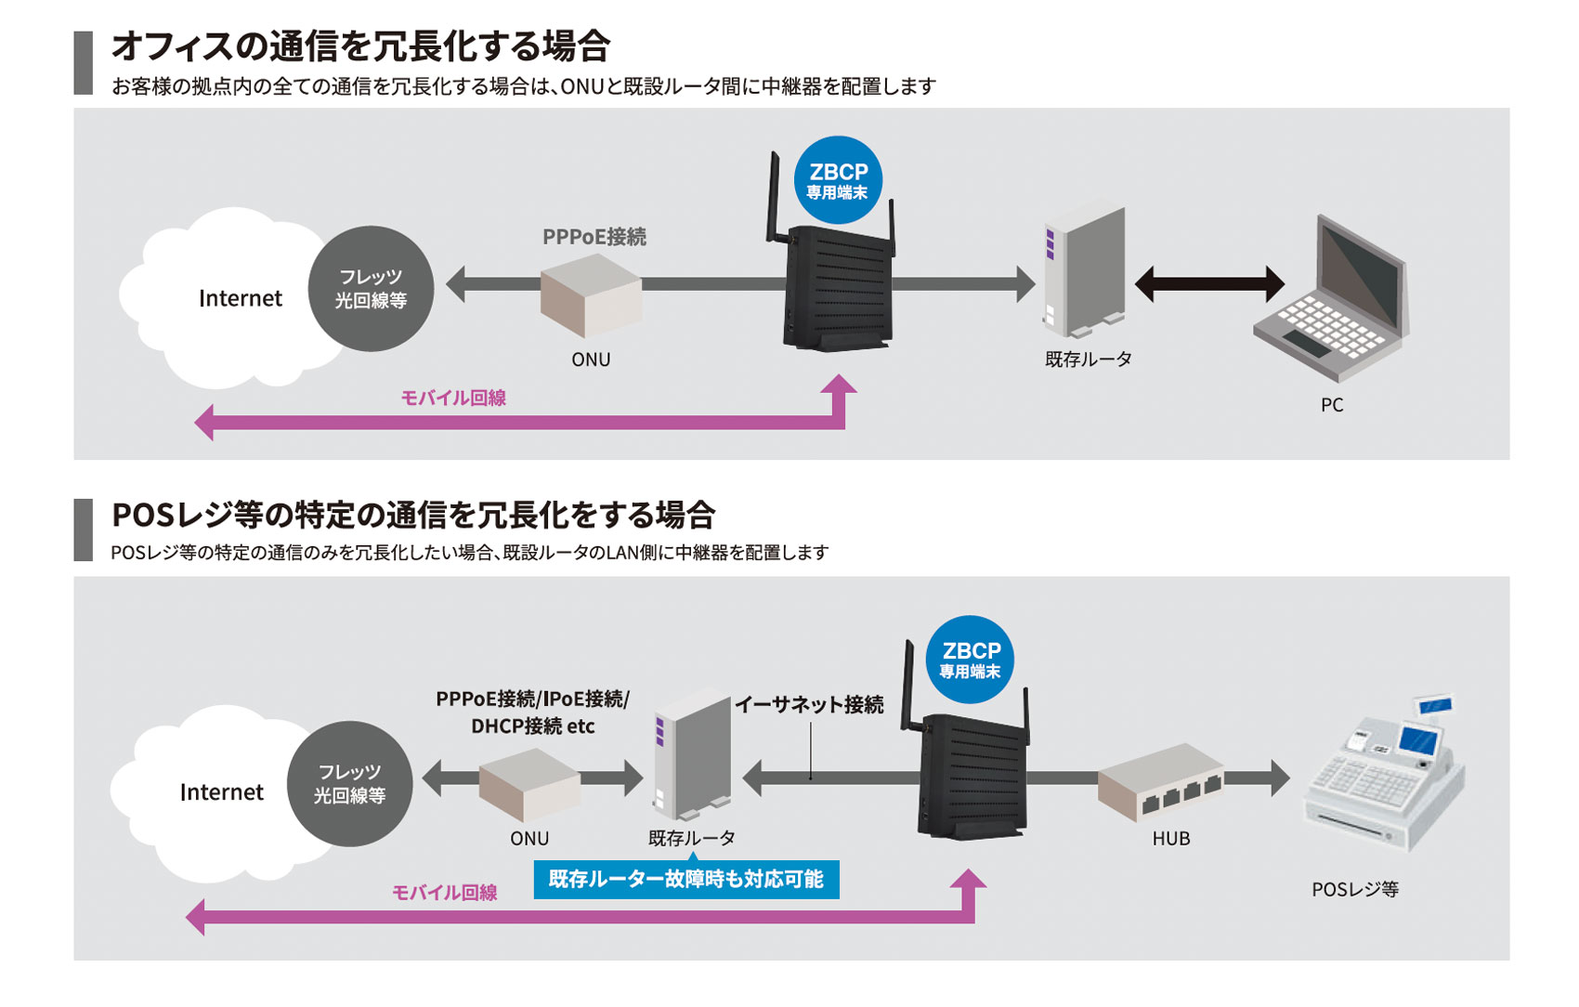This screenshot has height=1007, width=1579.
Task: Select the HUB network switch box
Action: (1162, 782)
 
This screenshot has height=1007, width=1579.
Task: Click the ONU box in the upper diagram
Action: (591, 294)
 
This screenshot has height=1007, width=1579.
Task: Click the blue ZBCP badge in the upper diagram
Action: (838, 180)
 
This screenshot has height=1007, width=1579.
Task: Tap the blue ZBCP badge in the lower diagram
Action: (970, 660)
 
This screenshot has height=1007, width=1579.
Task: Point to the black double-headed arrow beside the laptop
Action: (1209, 283)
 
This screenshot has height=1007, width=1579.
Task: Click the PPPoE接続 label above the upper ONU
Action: (594, 237)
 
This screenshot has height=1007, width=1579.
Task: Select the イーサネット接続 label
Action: (809, 705)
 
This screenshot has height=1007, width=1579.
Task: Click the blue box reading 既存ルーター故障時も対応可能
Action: (686, 879)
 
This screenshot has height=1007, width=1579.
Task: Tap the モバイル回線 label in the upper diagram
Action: (453, 399)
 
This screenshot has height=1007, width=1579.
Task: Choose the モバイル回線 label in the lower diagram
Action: (444, 893)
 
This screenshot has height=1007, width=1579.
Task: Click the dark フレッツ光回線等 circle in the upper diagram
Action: (371, 289)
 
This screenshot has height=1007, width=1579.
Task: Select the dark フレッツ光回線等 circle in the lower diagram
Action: (349, 784)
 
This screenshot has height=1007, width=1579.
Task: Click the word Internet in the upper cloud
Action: (240, 298)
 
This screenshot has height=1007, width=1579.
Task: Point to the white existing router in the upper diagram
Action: (1084, 272)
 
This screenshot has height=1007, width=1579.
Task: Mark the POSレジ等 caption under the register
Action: (1354, 890)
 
